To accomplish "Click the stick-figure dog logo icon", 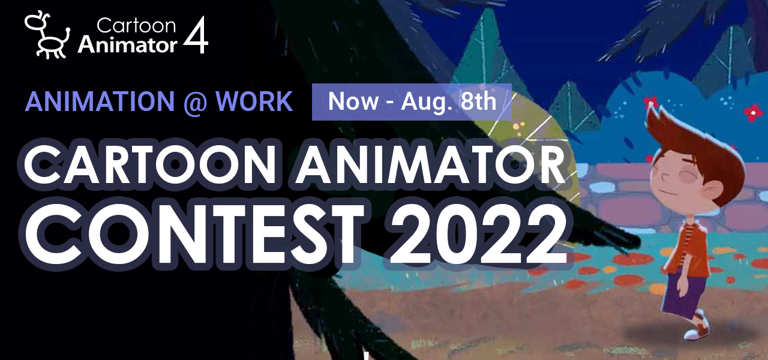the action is pyautogui.click(x=47, y=35).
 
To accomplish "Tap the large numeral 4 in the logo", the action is pyautogui.click(x=196, y=35).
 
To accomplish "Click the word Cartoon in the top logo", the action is pyautogui.click(x=136, y=26).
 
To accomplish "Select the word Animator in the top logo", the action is pyautogui.click(x=127, y=44).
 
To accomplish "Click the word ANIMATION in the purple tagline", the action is pyautogui.click(x=100, y=101).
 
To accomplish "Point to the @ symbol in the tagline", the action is pyautogui.click(x=196, y=103).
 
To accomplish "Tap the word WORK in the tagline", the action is pyautogui.click(x=254, y=101).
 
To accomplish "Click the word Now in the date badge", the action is pyautogui.click(x=353, y=101).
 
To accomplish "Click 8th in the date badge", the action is pyautogui.click(x=478, y=101).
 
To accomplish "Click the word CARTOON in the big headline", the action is pyautogui.click(x=149, y=164).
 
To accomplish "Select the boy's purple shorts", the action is pyautogui.click(x=682, y=292).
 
